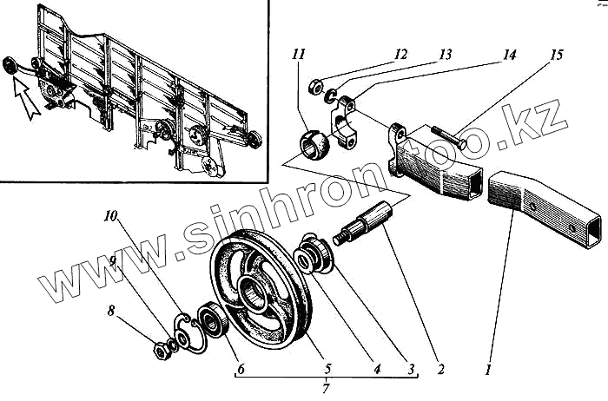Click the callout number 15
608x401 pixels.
click(x=557, y=55)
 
